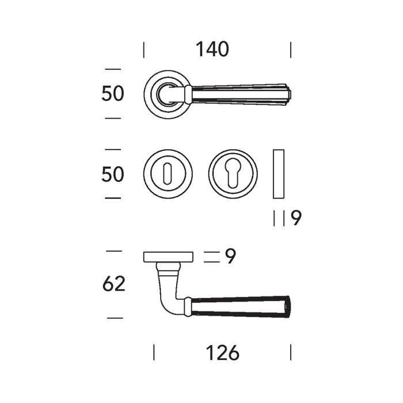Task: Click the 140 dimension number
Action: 212,49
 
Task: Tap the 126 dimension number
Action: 223,352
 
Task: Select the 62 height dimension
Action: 113,284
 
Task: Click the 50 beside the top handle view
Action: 113,93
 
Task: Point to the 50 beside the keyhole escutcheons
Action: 113,174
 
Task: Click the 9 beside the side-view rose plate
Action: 230,256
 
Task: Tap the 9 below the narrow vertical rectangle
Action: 296,218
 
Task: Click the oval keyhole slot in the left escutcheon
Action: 168,173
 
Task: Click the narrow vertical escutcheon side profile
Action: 279,174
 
